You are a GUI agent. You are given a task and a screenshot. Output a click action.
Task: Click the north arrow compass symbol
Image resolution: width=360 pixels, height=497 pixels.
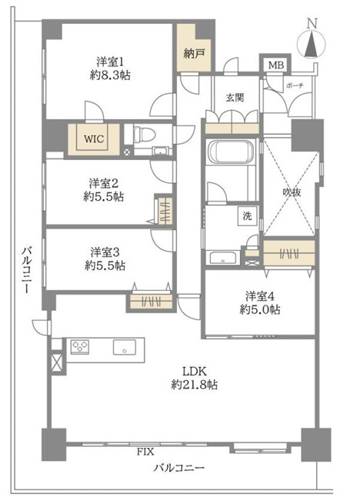pyautogui.click(x=312, y=42)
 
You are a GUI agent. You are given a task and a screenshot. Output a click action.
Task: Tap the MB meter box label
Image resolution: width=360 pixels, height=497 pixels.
pyautogui.click(x=276, y=65)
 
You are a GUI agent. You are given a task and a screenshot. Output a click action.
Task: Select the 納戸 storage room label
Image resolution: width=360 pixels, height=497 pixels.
pyautogui.click(x=194, y=54)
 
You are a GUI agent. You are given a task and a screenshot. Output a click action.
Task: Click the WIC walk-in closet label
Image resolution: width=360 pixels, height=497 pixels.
pyautogui.click(x=94, y=138)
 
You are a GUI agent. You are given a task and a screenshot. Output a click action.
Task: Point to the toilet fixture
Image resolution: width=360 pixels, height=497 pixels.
pyautogui.click(x=143, y=135)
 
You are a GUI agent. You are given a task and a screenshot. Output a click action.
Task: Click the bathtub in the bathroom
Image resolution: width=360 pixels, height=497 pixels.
pyautogui.click(x=231, y=152)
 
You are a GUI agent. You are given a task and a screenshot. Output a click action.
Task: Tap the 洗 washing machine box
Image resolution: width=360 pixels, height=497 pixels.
pyautogui.click(x=248, y=216)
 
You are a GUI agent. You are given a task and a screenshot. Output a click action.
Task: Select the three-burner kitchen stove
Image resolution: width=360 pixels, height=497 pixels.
pyautogui.click(x=80, y=346)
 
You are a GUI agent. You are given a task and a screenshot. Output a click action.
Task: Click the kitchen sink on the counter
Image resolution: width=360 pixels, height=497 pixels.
pyautogui.click(x=125, y=347)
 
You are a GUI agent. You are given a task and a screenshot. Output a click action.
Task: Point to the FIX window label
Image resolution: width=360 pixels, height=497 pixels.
pyautogui.click(x=145, y=452)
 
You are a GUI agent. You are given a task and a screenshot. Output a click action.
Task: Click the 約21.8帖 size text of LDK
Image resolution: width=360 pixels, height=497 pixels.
pyautogui.click(x=194, y=385)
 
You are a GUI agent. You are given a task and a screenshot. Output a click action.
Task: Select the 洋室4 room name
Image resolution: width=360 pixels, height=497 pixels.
pyautogui.click(x=260, y=296)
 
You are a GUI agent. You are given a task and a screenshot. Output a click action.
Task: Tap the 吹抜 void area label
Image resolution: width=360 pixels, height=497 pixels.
pyautogui.click(x=292, y=192)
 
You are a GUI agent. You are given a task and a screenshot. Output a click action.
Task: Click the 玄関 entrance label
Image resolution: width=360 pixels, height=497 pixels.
pyautogui.click(x=235, y=98)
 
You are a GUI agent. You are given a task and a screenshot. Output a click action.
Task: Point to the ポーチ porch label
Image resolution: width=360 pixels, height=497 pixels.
pyautogui.click(x=295, y=85)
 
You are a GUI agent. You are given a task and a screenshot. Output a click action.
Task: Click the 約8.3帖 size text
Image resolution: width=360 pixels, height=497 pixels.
pyautogui.click(x=110, y=75)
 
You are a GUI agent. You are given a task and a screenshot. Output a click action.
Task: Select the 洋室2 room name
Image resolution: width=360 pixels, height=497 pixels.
pyautogui.click(x=104, y=183)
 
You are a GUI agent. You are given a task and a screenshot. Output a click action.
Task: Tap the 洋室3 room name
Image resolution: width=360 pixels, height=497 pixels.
pyautogui.click(x=105, y=252)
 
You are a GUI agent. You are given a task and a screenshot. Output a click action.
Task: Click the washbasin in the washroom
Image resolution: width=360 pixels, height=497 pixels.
pyautogui.click(x=223, y=258)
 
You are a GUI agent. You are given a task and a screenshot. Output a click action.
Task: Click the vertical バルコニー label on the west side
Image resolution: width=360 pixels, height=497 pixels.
pyautogui.click(x=27, y=270)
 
